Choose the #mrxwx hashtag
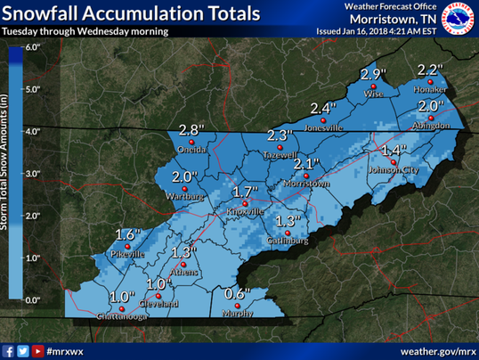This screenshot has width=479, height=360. point(67,351)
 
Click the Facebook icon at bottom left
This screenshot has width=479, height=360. point(9,351)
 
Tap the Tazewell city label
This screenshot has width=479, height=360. point(281,154)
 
